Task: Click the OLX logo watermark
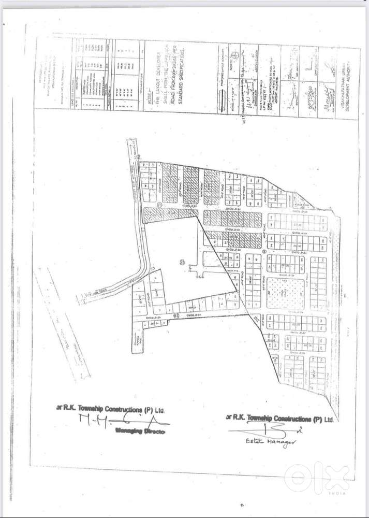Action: (x=317, y=476)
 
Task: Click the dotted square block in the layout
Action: (x=286, y=294)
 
